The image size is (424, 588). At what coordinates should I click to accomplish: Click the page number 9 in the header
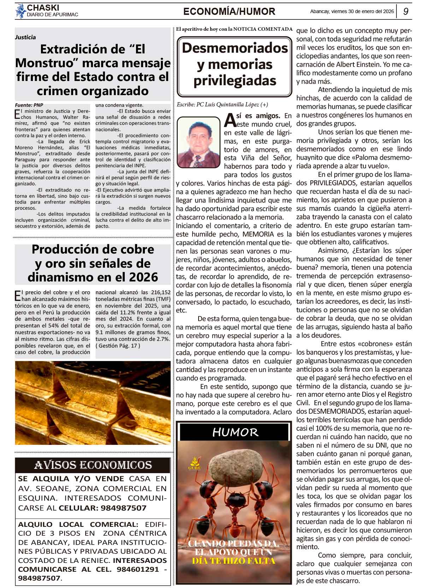[406, 11]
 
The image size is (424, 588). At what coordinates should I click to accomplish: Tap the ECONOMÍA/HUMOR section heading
[229, 12]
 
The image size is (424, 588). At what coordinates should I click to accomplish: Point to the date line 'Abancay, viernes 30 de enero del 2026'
[352, 11]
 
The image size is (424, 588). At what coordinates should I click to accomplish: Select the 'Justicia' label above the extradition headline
[25, 37]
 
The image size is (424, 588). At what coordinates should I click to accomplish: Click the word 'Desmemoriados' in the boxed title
[235, 48]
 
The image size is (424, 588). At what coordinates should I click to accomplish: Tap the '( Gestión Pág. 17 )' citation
[118, 345]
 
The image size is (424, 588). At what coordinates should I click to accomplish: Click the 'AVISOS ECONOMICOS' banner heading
[93, 465]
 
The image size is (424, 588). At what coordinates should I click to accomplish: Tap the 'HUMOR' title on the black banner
[235, 432]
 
